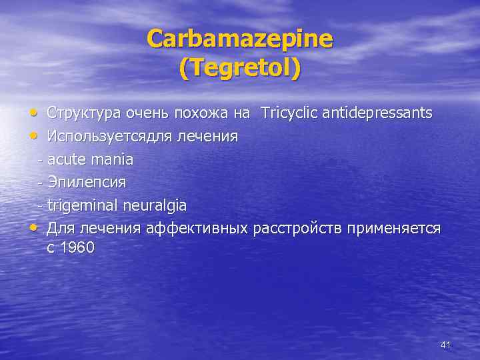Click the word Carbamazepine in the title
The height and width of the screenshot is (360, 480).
click(x=239, y=40)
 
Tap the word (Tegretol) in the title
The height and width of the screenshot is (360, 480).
click(x=239, y=69)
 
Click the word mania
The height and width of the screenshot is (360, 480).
click(x=114, y=159)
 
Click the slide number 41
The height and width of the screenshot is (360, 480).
click(x=446, y=345)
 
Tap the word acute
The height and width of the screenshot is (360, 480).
click(x=67, y=159)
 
